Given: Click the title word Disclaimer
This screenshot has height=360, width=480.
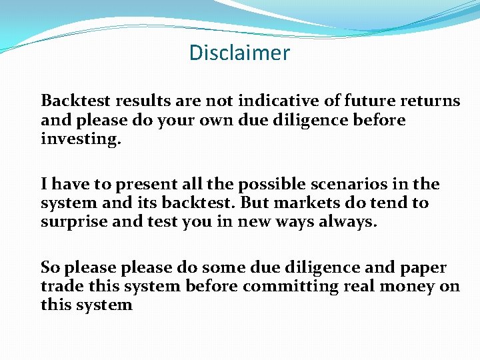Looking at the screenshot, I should [239, 53].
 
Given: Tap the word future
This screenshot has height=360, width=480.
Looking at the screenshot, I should [373, 101].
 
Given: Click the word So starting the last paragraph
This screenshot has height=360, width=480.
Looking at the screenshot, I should [49, 267].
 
